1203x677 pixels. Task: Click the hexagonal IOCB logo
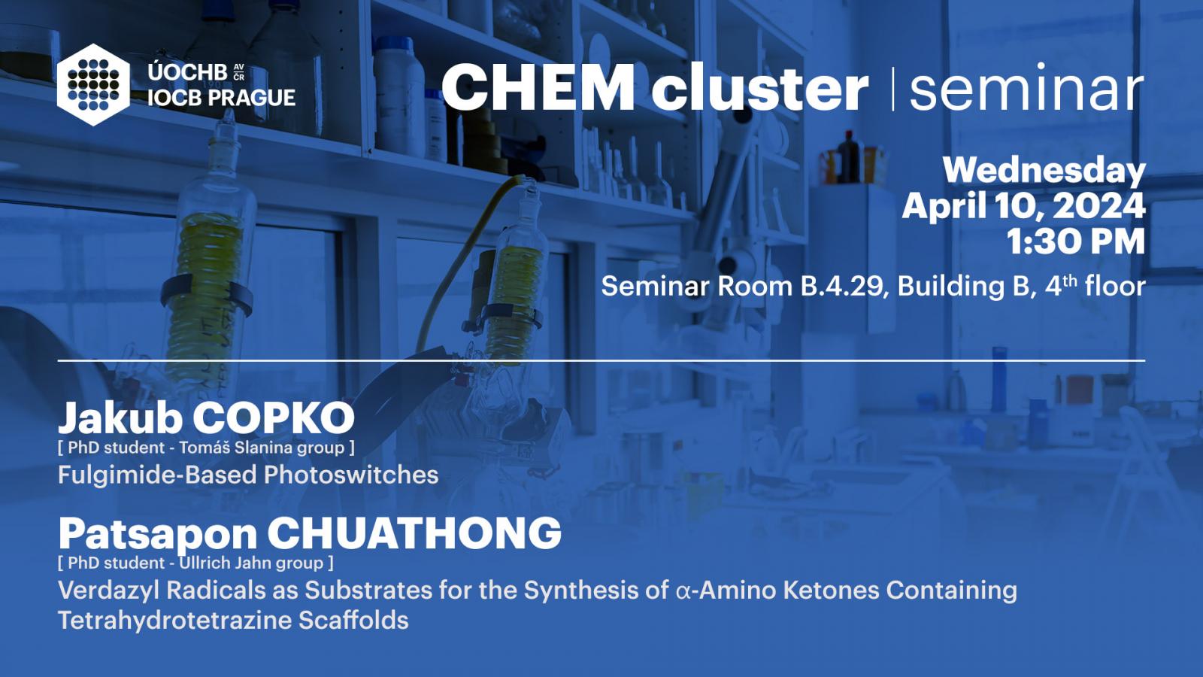click(x=93, y=85)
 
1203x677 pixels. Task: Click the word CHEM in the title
click(x=538, y=87)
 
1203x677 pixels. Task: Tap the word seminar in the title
click(x=1026, y=88)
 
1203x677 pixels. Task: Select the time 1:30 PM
click(x=1076, y=241)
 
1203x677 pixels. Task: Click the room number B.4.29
click(x=842, y=287)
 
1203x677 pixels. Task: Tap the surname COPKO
click(x=274, y=418)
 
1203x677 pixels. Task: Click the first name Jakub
click(x=120, y=418)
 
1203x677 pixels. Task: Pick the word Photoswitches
click(x=351, y=475)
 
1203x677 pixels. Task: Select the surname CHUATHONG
click(x=414, y=533)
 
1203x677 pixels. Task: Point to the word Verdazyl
click(x=109, y=590)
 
